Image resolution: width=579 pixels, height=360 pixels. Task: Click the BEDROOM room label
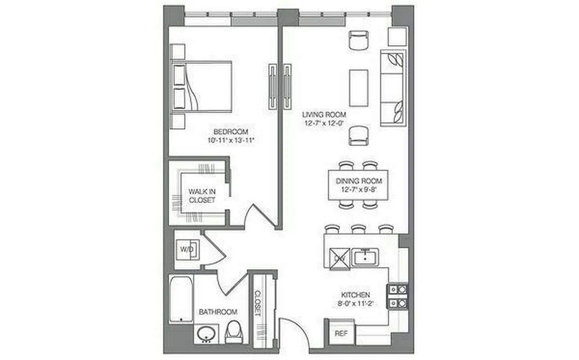[x=231, y=131]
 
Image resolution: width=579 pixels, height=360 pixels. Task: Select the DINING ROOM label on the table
[x=359, y=181]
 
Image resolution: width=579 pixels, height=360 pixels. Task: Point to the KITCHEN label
[x=355, y=295]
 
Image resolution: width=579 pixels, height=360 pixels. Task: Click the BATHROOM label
[x=218, y=311]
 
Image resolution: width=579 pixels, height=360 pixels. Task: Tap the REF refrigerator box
[x=341, y=334]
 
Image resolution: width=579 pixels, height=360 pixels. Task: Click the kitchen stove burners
[x=398, y=296]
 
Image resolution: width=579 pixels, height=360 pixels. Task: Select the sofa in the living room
[x=393, y=87]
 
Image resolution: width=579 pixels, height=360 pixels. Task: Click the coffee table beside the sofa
[x=359, y=88]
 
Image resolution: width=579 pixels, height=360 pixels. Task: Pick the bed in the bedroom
[x=202, y=86]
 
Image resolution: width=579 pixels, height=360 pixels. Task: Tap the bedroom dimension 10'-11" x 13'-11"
[x=231, y=140]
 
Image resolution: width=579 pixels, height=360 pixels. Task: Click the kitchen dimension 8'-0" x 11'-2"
[x=355, y=303]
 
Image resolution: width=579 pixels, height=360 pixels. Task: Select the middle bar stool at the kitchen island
[x=358, y=229]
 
